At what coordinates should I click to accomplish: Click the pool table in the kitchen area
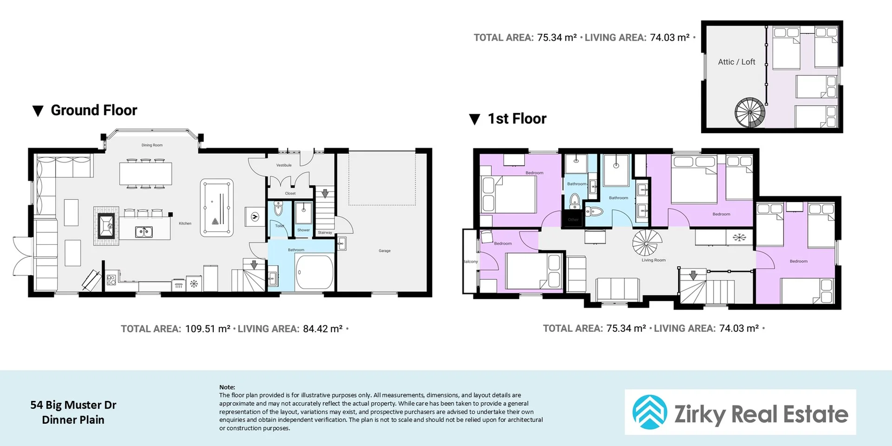[217, 208]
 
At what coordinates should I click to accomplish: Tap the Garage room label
[384, 251]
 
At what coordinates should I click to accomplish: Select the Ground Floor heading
[93, 110]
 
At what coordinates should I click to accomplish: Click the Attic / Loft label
[736, 62]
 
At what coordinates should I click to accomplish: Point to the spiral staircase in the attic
[750, 112]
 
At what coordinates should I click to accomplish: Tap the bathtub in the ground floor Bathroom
[315, 272]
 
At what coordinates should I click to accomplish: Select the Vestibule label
[284, 165]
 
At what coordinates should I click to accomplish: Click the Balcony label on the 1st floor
[470, 262]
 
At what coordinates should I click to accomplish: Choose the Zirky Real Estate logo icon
[649, 412]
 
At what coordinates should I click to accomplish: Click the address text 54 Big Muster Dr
[73, 405]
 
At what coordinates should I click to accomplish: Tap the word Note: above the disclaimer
[227, 387]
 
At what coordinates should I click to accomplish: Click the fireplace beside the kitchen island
[106, 225]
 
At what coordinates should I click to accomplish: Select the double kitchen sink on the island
[144, 231]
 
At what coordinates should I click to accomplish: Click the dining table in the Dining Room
[145, 174]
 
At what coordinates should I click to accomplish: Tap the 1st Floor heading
[516, 119]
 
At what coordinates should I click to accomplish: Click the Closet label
[290, 193]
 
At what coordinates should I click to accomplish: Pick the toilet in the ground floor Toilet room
[278, 209]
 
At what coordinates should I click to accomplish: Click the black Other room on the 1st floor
[573, 219]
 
